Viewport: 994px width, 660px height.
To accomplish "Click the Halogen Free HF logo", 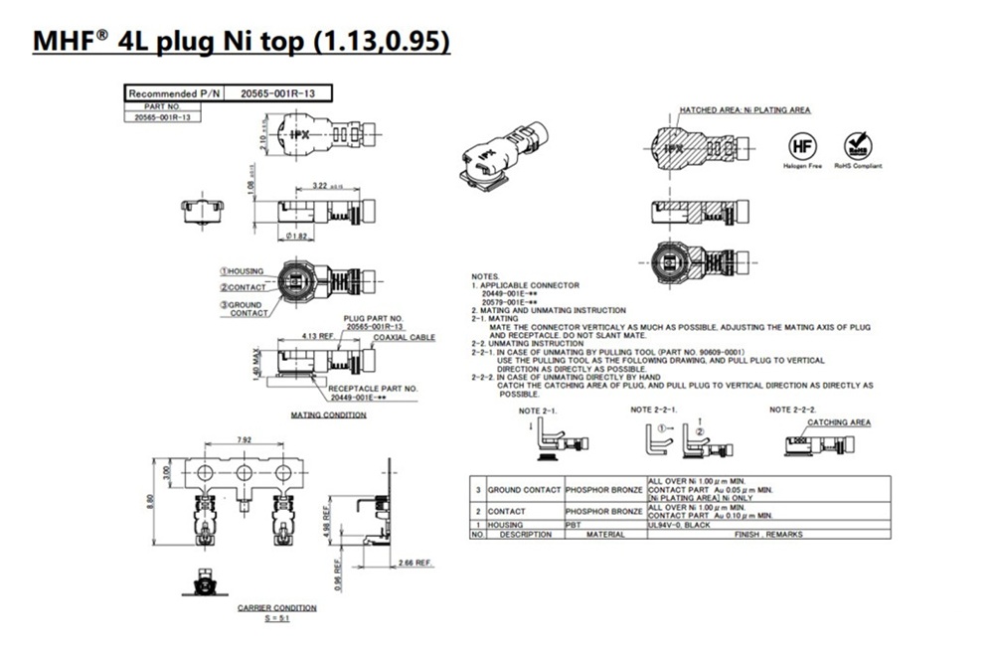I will pos(801,146).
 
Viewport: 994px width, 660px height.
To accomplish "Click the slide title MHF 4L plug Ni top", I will pos(243,42).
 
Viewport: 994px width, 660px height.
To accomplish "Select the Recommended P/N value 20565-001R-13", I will pos(278,92).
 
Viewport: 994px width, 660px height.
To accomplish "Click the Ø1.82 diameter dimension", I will pos(297,237).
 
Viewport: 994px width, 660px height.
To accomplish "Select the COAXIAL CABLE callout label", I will pos(404,337).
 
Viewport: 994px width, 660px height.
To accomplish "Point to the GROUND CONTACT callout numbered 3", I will pos(244,308).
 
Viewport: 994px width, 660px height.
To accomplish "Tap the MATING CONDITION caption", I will pos(328,413).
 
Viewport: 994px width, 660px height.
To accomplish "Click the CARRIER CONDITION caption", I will pos(277,606).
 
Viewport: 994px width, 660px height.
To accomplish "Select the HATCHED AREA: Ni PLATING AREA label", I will pos(745,109).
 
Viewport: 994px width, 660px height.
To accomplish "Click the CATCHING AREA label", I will pos(839,422).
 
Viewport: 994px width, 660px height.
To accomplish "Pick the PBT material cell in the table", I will pos(576,524).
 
